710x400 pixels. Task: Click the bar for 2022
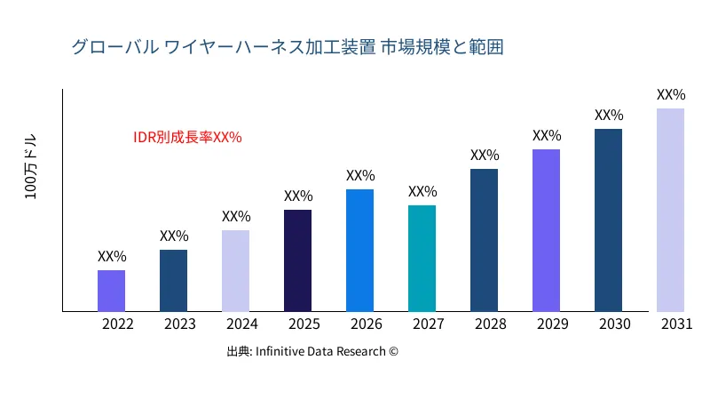[x=111, y=291]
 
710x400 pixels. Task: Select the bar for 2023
[x=173, y=281]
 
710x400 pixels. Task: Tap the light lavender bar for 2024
[x=235, y=271]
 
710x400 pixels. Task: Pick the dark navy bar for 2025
[x=297, y=260]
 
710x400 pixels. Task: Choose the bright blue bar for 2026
[x=359, y=251]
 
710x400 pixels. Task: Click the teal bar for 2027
[x=422, y=259]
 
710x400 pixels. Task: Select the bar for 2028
[x=484, y=240]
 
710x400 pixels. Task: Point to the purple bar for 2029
[x=546, y=230]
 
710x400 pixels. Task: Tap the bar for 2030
[x=608, y=220]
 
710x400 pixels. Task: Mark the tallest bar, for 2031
[x=670, y=210]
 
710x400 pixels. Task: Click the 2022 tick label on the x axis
[x=118, y=324]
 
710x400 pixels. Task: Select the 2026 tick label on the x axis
[x=367, y=324]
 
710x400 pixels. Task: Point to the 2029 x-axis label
[x=553, y=324]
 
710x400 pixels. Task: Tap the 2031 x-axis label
[x=677, y=324]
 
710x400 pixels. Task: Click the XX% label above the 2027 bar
[x=422, y=191]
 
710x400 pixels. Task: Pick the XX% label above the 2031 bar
[x=671, y=94]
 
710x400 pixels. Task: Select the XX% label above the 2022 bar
[x=112, y=256]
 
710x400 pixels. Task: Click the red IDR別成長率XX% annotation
[x=187, y=138]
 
